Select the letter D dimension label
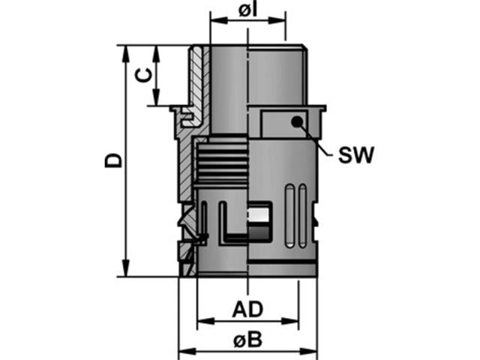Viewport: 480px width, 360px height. (x=112, y=160)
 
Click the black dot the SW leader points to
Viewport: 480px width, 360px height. (x=297, y=121)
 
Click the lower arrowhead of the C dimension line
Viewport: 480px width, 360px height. (x=155, y=100)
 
